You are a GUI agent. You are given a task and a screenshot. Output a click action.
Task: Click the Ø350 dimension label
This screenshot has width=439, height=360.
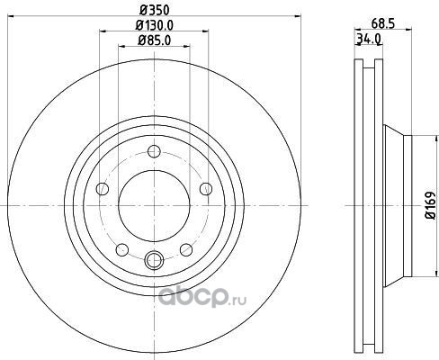pyautogui.click(x=155, y=10)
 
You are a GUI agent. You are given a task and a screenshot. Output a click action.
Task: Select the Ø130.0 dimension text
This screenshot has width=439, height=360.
pyautogui.click(x=155, y=25)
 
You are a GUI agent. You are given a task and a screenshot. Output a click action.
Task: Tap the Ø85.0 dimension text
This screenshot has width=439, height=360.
pyautogui.click(x=154, y=40)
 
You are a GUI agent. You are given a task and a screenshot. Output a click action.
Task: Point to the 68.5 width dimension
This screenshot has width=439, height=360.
pyautogui.click(x=382, y=23)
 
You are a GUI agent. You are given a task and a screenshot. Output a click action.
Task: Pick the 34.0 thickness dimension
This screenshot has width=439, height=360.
pyautogui.click(x=369, y=39)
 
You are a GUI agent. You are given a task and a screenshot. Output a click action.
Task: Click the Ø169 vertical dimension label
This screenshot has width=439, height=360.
pyautogui.click(x=430, y=205)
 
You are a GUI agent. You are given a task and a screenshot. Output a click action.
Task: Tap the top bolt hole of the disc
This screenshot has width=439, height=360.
pyautogui.click(x=154, y=151)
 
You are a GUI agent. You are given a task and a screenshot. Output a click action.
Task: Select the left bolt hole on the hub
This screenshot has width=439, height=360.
pyautogui.click(x=103, y=189)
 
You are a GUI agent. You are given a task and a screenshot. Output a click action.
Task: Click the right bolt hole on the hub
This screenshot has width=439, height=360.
pyautogui.click(x=206, y=189)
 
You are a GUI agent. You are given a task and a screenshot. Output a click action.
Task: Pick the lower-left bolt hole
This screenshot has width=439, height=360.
pyautogui.click(x=122, y=250)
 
